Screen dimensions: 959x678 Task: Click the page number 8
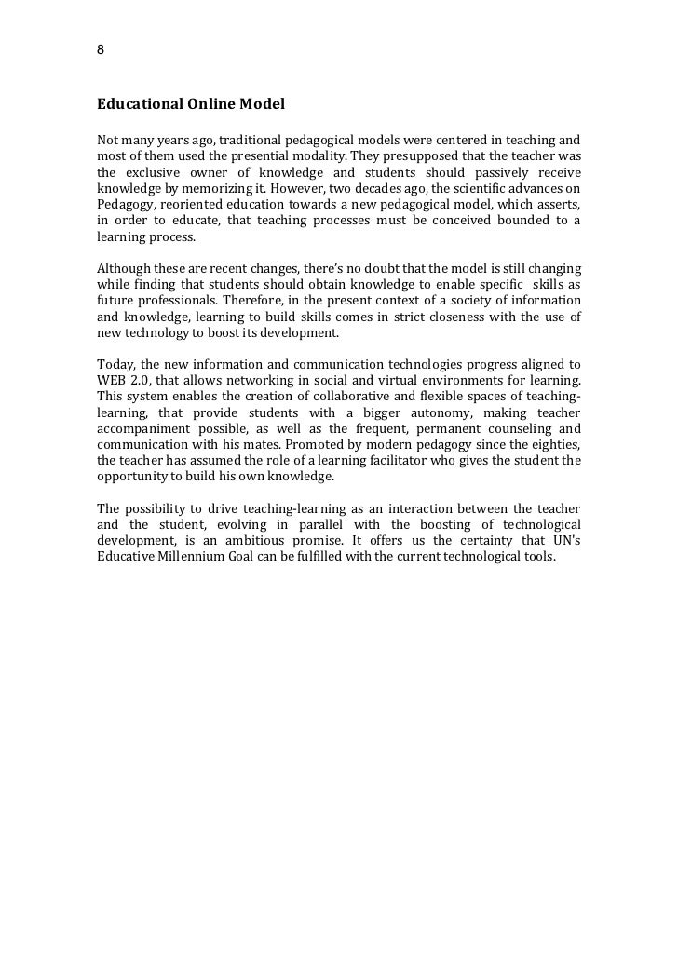coord(101,49)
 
